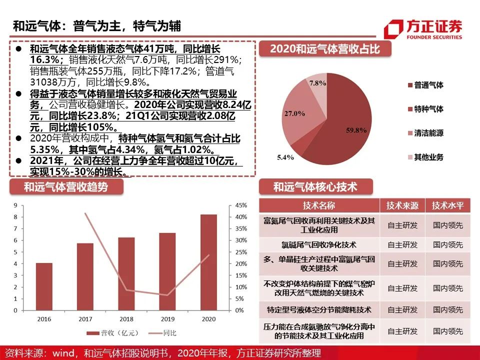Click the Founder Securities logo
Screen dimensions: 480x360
(x=423, y=29)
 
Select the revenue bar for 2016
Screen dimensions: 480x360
(x=44, y=286)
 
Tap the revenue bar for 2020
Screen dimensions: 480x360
(x=209, y=262)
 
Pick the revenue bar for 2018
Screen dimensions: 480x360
(x=126, y=273)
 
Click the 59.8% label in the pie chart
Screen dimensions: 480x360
(x=356, y=130)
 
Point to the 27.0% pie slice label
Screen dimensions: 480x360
(x=294, y=113)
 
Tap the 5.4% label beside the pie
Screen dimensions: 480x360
(x=285, y=157)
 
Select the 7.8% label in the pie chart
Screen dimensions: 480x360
(x=317, y=83)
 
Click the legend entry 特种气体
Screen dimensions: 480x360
(x=425, y=109)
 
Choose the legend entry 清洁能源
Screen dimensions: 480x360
(x=425, y=133)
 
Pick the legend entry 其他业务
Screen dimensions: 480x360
(x=425, y=157)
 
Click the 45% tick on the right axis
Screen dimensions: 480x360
(x=241, y=205)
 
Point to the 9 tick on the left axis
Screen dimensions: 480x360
(x=15, y=205)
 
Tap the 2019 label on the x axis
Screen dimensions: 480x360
(x=167, y=319)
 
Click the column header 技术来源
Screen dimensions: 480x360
(x=402, y=205)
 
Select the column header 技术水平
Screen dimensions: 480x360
(x=448, y=205)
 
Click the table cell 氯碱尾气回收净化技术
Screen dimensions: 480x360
(x=319, y=245)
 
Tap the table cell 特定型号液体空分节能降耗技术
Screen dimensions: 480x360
(x=319, y=310)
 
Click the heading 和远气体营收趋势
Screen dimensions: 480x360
(x=66, y=186)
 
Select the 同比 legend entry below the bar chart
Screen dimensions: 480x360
(x=162, y=333)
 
